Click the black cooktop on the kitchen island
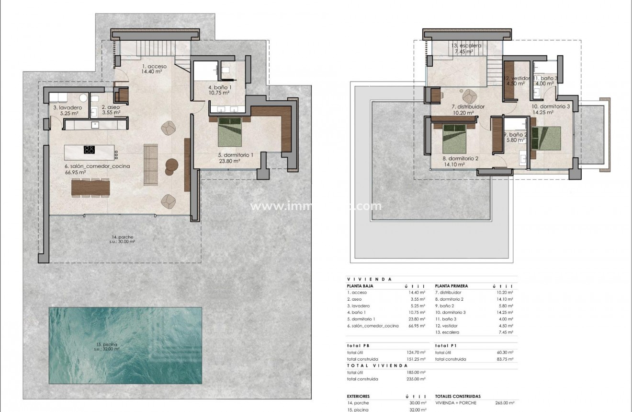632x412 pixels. click(x=89, y=150)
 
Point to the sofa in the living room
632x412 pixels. click(x=151, y=164)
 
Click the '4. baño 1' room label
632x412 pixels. click(x=220, y=88)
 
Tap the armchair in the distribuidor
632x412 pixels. click(x=468, y=94)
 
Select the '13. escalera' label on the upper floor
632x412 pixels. click(x=467, y=46)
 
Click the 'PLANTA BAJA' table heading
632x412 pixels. click(x=360, y=285)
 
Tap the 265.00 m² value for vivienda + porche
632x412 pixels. click(x=505, y=403)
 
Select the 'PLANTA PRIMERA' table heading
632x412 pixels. click(x=451, y=285)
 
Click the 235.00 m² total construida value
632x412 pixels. click(x=416, y=379)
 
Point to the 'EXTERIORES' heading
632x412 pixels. click(x=358, y=397)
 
